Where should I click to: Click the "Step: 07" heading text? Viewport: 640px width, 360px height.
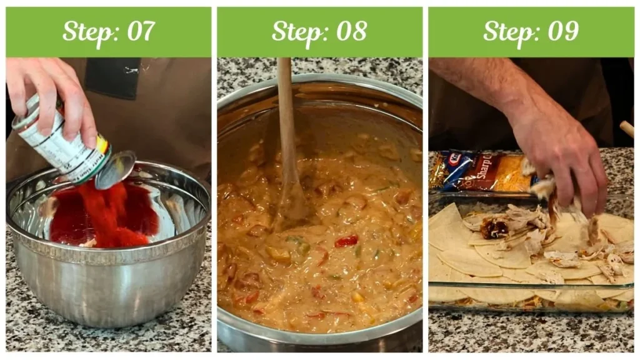(108, 31)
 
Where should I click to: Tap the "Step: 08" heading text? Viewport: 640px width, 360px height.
(319, 31)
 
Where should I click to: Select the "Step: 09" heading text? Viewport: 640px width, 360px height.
(531, 31)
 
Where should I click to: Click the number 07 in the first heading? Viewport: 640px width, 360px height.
(141, 31)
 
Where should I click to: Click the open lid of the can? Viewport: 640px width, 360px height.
(116, 169)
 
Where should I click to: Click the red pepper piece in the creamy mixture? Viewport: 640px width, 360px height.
(346, 241)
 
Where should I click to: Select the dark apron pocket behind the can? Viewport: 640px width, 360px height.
(112, 78)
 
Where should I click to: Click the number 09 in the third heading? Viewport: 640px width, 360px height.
(564, 31)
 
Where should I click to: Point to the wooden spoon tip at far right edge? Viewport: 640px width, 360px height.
(626, 129)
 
